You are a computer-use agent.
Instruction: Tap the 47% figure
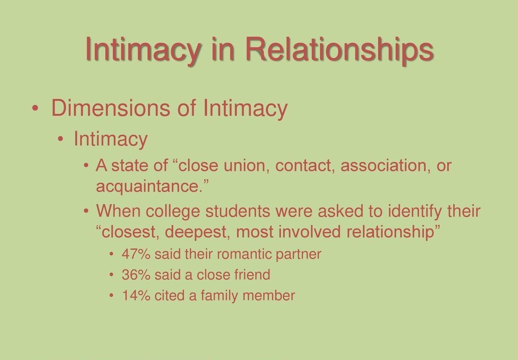(x=136, y=254)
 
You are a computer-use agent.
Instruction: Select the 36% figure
(x=136, y=275)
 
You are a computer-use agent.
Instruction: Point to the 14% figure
(x=136, y=296)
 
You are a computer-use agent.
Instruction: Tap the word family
(x=220, y=296)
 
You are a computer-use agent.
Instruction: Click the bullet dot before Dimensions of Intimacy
(x=35, y=109)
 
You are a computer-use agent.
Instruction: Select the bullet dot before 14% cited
(x=112, y=296)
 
